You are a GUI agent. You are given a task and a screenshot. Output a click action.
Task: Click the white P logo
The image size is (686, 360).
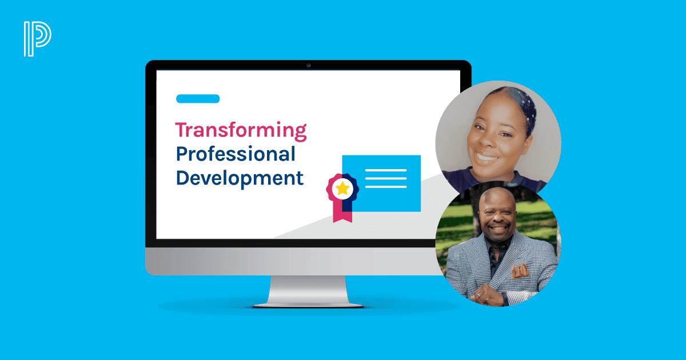point(37,39)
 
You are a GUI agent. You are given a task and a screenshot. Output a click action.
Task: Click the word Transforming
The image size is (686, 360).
point(241,130)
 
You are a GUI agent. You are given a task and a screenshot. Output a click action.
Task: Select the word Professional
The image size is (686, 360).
point(235,154)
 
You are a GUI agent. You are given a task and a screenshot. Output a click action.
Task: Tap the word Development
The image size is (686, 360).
point(240,178)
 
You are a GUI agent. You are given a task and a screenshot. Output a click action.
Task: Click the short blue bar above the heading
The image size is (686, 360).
point(198,99)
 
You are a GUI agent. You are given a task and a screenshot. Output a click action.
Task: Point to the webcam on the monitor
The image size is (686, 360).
point(308,65)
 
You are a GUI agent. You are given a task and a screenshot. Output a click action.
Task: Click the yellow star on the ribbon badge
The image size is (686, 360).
point(342,188)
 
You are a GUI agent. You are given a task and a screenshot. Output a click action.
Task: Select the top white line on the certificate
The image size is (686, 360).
point(386,170)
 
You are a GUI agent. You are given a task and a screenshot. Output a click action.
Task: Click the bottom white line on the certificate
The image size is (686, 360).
point(386,186)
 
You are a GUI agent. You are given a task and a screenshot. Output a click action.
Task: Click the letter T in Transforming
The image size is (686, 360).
point(181,130)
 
